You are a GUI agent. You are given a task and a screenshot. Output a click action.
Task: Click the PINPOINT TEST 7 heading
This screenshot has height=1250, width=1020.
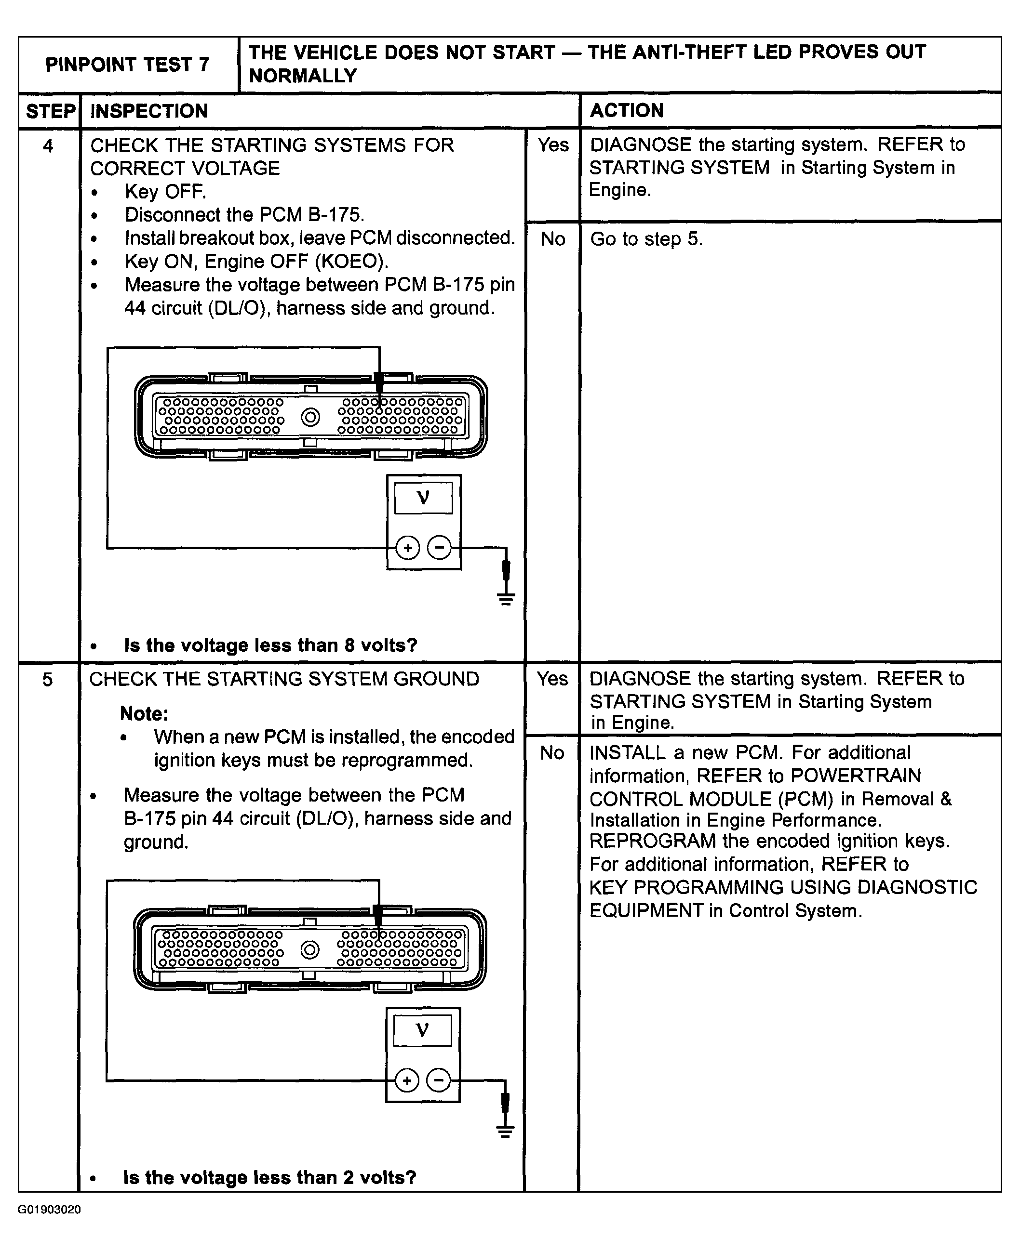point(127,64)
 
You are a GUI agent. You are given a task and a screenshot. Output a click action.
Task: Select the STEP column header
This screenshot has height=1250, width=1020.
point(50,110)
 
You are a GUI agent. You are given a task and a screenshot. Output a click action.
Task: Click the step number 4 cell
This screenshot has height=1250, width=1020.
point(48,145)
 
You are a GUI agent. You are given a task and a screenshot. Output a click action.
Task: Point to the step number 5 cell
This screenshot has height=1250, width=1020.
point(48,679)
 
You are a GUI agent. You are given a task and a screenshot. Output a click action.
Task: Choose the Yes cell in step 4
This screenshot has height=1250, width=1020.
point(553,145)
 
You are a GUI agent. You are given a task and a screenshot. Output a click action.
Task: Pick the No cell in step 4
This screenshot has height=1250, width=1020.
point(553,239)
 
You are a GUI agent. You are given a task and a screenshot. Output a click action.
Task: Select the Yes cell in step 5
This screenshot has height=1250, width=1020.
point(552,679)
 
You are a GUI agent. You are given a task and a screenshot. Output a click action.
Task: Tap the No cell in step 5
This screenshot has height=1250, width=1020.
point(552,753)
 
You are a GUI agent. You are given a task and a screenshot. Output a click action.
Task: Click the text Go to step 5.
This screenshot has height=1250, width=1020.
point(646,239)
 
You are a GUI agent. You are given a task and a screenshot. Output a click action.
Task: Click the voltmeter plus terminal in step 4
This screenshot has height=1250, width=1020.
point(407,548)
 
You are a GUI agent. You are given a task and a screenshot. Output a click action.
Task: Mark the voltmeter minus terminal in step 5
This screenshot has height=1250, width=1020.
point(438,1080)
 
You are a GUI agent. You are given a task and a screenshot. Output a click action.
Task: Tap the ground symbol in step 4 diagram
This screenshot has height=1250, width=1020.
point(506,599)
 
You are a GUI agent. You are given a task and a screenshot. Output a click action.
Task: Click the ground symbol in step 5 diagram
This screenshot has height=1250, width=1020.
point(505,1132)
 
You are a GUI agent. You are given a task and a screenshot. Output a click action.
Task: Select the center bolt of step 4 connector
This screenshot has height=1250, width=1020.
point(310,418)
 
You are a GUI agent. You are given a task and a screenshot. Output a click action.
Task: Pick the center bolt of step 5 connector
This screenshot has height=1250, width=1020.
point(309,950)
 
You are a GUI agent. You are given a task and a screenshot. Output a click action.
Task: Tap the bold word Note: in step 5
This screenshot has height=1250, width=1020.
point(144,713)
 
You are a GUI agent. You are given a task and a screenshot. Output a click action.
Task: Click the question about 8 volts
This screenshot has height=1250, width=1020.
point(270,645)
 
